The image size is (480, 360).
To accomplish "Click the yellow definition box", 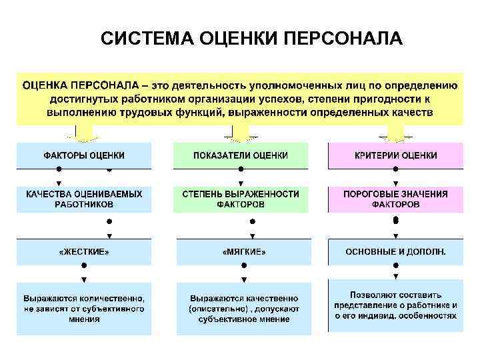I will pos(239,99).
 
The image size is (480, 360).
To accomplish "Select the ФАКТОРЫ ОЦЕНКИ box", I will pos(84,155).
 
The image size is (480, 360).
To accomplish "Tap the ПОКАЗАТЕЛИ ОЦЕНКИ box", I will pos(241,155).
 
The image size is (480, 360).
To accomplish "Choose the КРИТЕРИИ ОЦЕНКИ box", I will pos(395,155).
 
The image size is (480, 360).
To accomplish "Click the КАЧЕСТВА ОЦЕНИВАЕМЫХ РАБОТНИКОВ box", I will pos(84,199).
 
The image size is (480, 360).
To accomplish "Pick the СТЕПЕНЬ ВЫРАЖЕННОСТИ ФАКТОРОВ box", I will pos(241,199).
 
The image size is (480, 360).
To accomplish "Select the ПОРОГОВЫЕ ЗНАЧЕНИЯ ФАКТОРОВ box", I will pos(395,199).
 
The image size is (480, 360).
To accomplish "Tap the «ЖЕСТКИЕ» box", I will pos(84,252).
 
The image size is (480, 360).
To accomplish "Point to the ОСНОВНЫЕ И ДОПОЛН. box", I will pos(395,252).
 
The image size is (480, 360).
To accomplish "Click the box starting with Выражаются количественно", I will pos(84,309).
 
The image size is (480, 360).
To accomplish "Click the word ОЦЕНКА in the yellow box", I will pos(45,86).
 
